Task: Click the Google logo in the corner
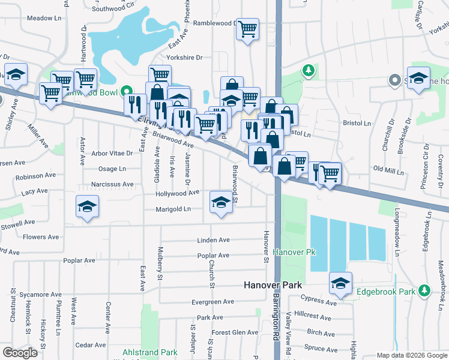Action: click(x=20, y=353)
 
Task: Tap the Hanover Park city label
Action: click(x=273, y=286)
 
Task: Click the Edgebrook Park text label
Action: click(x=386, y=292)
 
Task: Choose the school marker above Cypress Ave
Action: click(x=340, y=283)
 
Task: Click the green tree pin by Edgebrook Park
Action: click(x=425, y=290)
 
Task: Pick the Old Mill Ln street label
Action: click(x=388, y=171)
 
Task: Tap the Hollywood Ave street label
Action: click(x=177, y=193)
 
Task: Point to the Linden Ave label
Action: click(x=213, y=240)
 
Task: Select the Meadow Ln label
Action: click(x=44, y=19)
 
